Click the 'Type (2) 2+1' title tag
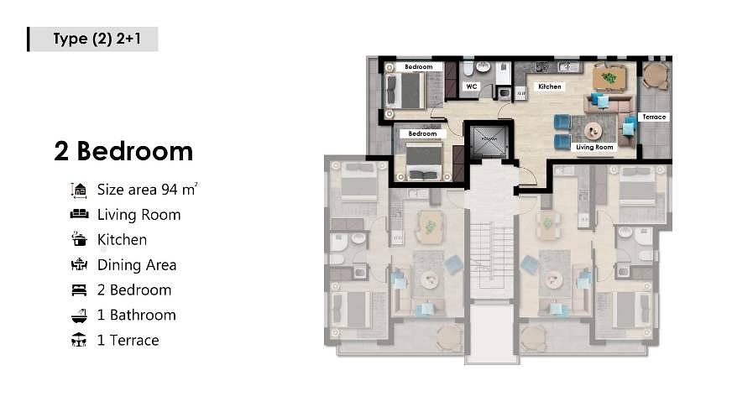tap(93, 39)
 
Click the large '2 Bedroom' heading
tap(123, 151)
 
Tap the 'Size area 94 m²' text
tap(147, 190)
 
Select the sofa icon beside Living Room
tap(79, 215)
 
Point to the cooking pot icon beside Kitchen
tap(79, 239)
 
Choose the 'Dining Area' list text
tap(137, 264)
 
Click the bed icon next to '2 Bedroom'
tap(79, 290)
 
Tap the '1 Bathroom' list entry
tap(137, 315)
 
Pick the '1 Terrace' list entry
tap(128, 340)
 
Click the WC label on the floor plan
tap(472, 86)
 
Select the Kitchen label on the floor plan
tap(550, 86)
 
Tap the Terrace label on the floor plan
tap(654, 117)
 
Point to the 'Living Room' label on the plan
tap(594, 147)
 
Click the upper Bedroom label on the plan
tap(418, 66)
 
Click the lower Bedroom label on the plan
tap(422, 133)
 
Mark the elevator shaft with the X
tap(488, 139)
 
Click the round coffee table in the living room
tap(593, 131)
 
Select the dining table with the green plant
tap(609, 78)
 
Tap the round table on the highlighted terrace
tap(654, 76)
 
